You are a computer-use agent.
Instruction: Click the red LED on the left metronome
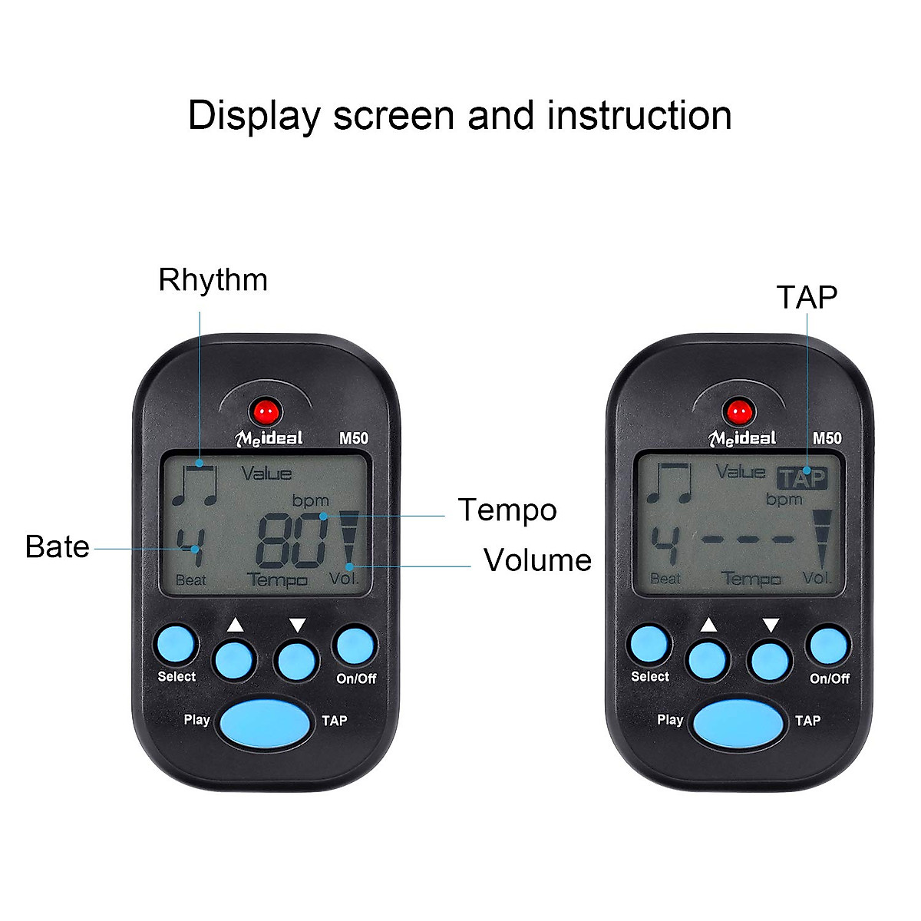[266, 412]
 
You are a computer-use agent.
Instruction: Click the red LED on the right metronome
[739, 412]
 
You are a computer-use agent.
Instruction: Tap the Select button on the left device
[176, 645]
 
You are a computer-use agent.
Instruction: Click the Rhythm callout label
[213, 280]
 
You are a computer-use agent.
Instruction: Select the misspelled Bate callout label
[57, 547]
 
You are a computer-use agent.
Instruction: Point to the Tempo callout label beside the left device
[507, 510]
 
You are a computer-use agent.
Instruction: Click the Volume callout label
[537, 560]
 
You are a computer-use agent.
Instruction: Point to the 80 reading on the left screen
[292, 542]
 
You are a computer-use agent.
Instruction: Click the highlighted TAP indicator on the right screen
[803, 479]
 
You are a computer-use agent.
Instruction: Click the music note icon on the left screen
[195, 486]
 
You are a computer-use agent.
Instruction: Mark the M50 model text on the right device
[827, 438]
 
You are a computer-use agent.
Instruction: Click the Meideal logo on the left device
[269, 438]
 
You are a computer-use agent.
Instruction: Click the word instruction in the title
[639, 116]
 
